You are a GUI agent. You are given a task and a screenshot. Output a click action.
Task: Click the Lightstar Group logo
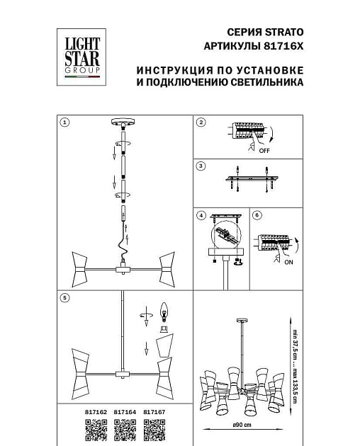pos(81,56)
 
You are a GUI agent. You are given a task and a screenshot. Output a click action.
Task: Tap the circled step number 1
pos(64,122)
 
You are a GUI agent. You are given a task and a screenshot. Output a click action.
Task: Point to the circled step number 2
pos(201,122)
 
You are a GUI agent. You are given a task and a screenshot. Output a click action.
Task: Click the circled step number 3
pos(201,166)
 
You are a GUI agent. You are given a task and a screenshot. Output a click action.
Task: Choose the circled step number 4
pos(201,215)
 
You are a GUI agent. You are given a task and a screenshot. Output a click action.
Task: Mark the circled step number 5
pos(64,298)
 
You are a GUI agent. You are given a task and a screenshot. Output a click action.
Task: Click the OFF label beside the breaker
pos(264,151)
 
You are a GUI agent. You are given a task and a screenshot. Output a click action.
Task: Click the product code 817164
pos(124,409)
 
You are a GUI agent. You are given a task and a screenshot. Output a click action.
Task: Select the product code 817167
pos(154,409)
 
